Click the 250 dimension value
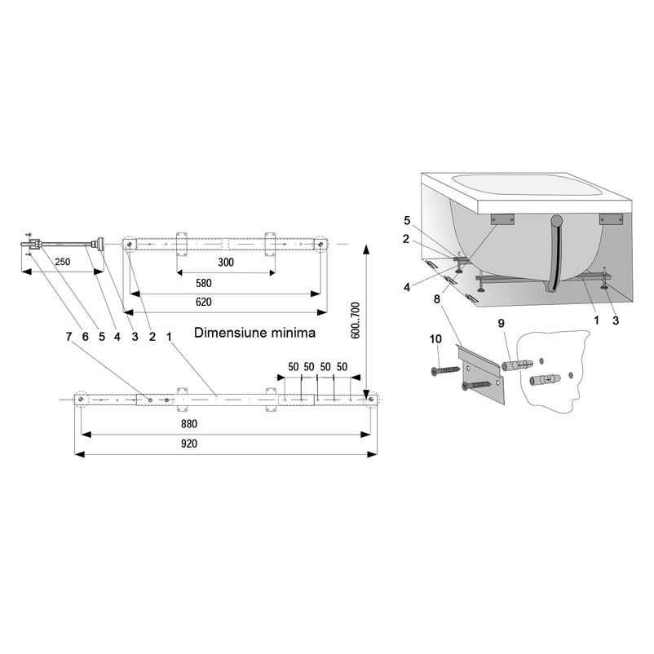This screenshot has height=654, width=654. pos(63,262)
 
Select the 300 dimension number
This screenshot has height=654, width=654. pos(226,263)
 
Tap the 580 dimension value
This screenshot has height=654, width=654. pos(204,283)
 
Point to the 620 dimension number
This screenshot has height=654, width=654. pos(204,302)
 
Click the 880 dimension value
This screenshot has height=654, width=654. pos(189,424)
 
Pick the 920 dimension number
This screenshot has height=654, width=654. pos(189,444)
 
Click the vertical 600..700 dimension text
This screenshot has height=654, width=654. pos(355,320)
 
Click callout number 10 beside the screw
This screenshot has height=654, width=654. pos(435,339)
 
